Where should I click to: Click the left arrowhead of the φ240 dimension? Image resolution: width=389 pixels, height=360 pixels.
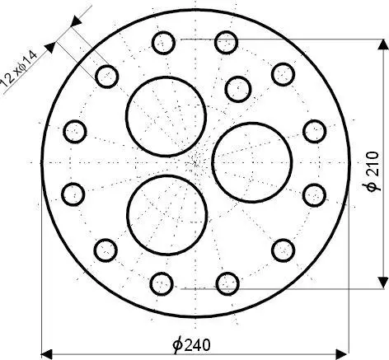(48, 350)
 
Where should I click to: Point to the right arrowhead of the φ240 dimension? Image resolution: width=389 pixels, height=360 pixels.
(340, 350)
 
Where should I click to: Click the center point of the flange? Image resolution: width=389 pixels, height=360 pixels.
(194, 161)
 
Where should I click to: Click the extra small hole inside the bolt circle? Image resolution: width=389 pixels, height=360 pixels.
(237, 86)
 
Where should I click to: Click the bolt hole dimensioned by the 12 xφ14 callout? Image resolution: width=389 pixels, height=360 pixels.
(106, 76)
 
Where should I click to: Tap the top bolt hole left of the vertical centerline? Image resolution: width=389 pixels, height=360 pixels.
(162, 41)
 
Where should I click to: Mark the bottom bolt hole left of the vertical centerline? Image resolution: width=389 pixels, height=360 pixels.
(162, 284)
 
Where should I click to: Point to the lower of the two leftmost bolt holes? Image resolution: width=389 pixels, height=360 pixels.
(74, 194)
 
